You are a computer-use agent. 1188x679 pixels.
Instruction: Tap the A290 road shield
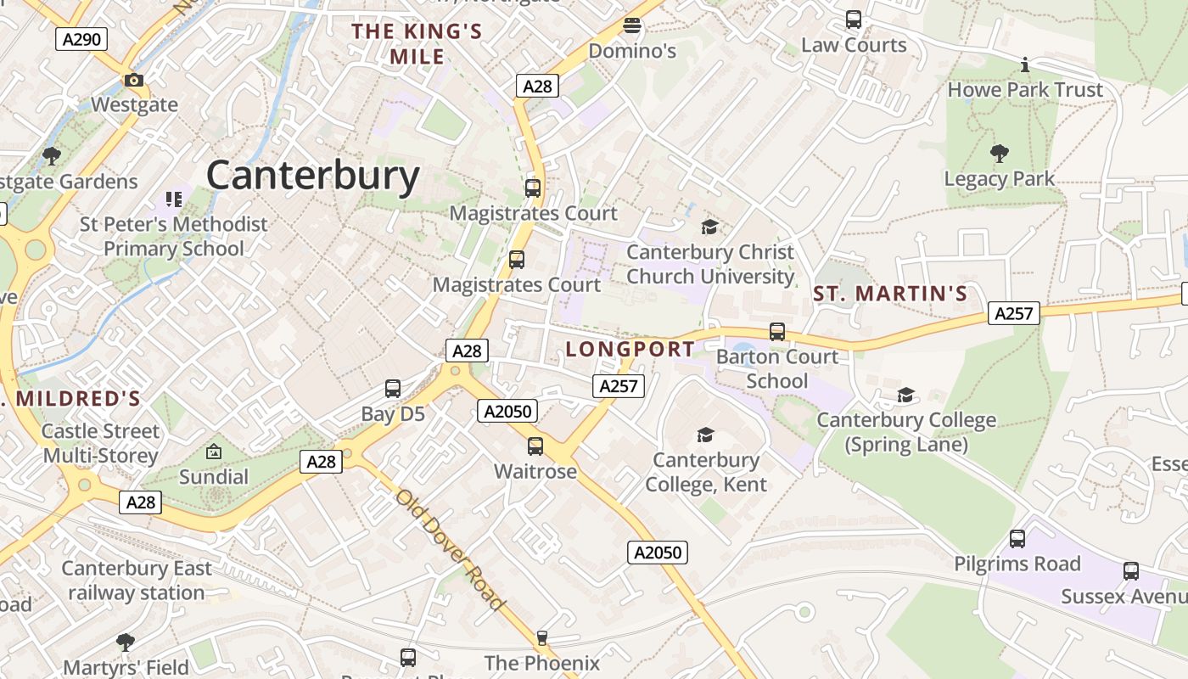pos(81,38)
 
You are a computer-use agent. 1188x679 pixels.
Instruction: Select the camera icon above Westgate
pos(134,81)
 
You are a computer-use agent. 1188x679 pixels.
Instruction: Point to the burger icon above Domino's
pos(631,25)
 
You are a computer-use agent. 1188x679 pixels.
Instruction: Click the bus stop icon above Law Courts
pos(854,19)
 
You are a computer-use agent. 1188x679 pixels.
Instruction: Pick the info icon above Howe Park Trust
pos(1025,65)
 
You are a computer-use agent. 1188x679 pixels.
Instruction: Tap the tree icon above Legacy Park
pos(1000,154)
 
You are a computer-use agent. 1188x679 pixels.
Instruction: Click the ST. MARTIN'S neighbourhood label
pos(890,294)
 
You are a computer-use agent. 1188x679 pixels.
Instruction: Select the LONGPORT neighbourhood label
pos(630,349)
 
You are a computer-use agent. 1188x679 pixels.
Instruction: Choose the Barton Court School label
pos(777,368)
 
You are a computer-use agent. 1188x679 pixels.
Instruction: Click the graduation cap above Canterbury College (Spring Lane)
pos(906,395)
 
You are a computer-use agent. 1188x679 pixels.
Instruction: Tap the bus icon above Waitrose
pos(535,446)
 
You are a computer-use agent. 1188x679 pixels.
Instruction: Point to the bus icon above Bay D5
pos(393,389)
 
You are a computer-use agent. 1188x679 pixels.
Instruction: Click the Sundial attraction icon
pos(214,452)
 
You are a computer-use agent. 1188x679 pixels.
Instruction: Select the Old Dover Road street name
pos(450,549)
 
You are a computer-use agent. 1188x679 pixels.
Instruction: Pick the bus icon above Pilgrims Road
pos(1017,538)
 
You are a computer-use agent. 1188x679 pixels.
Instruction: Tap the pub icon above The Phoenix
pos(542,637)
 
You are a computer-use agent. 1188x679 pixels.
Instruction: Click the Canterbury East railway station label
pos(137,581)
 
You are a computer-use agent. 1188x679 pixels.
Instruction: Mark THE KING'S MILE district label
pos(417,44)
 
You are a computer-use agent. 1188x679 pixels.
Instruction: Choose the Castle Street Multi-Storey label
pos(100,443)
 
